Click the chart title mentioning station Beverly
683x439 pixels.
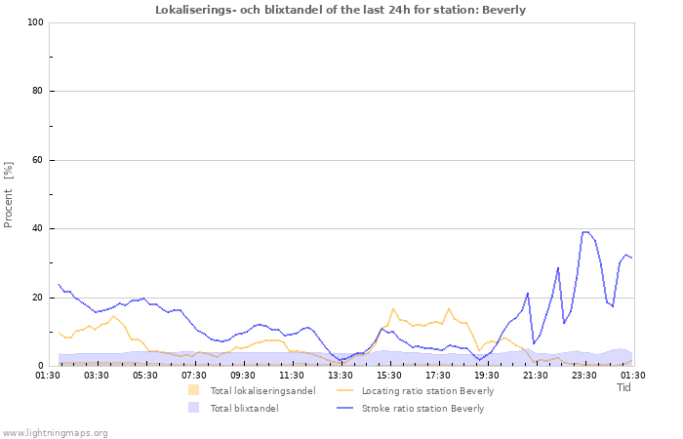click(341, 10)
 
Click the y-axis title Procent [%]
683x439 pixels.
click(9, 195)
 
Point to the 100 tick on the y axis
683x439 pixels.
click(34, 22)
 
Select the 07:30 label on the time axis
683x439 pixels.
click(194, 375)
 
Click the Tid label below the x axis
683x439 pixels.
click(624, 387)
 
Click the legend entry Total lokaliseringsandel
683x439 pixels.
click(262, 391)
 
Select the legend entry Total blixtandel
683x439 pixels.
click(244, 409)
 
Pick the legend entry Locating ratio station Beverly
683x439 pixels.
click(427, 391)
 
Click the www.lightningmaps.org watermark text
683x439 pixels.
click(55, 432)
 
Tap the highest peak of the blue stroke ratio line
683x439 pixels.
click(585, 232)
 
